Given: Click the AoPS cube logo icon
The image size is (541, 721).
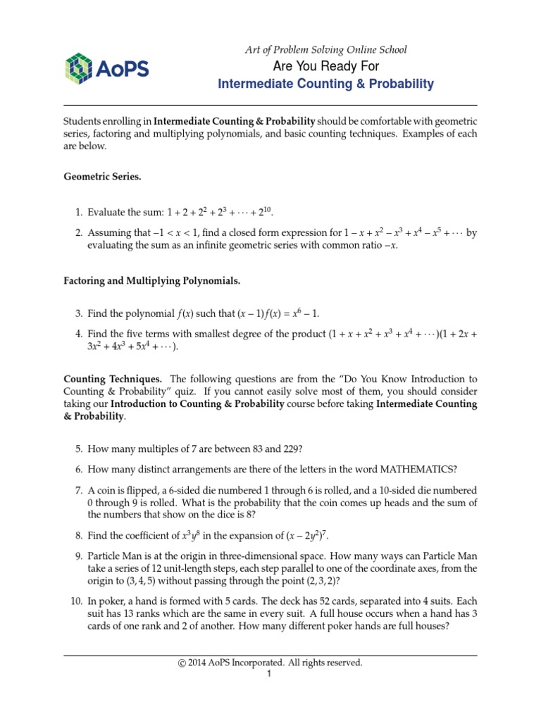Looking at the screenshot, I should [78, 68].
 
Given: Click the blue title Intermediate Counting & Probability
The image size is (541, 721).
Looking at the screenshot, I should [325, 84].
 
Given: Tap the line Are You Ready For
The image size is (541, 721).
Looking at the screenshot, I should [325, 66].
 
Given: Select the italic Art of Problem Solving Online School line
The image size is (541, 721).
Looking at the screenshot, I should [325, 50].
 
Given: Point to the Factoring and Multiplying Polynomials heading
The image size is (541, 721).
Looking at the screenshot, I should [151, 281].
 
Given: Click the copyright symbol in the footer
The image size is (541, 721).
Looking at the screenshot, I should [184, 663].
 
